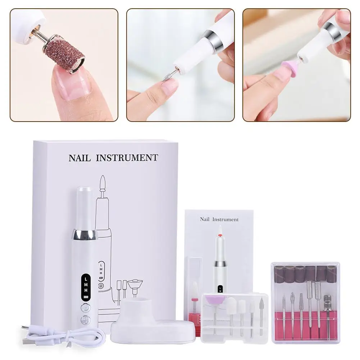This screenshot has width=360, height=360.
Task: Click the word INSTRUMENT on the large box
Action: pyautogui.click(x=128, y=158)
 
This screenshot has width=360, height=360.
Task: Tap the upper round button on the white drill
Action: pyautogui.click(x=86, y=308)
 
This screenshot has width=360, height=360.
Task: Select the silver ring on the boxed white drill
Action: pyautogui.click(x=85, y=235)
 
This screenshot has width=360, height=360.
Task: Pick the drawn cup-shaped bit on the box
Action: pyautogui.click(x=135, y=285)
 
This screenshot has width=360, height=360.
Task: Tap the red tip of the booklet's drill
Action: pyautogui.click(x=219, y=235)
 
